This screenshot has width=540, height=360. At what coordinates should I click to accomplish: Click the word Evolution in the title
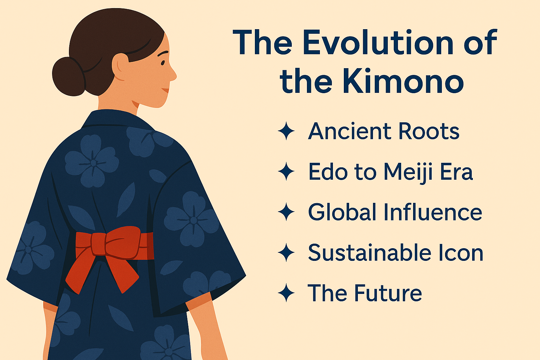click(378, 43)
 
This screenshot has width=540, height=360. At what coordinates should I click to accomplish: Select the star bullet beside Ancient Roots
click(286, 131)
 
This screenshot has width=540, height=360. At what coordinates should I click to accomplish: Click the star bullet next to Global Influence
click(286, 212)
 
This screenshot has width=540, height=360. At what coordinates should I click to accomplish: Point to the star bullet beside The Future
click(286, 293)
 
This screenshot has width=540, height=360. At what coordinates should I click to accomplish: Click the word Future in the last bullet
click(388, 293)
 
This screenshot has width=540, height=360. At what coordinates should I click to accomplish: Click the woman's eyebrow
click(162, 54)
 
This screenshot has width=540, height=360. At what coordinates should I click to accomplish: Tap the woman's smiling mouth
click(165, 90)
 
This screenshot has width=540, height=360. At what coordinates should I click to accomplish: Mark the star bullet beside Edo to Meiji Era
click(286, 172)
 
